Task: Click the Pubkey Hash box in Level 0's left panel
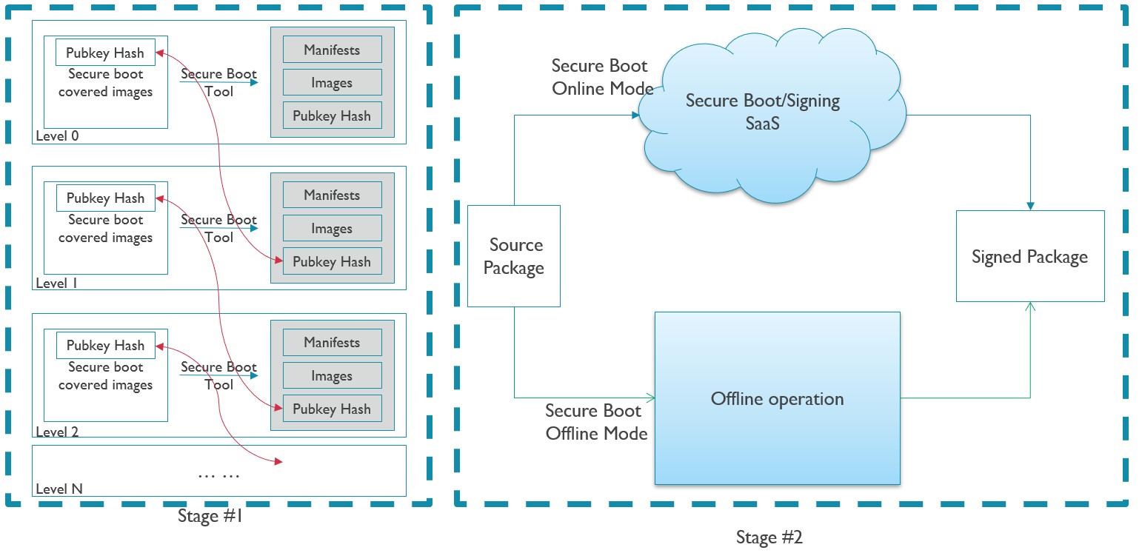pos(105,53)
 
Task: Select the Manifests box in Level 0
pos(332,50)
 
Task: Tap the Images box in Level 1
pos(332,229)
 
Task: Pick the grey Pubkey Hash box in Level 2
pos(332,409)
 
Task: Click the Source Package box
pos(513,256)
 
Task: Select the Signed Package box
pos(1029,256)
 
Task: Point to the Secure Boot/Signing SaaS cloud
pos(763,111)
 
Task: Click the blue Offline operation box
pos(777,398)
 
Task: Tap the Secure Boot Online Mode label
pos(601,77)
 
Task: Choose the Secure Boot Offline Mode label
pos(596,422)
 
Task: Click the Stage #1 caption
pos(210,517)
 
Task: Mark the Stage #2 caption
pos(769,537)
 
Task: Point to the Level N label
pos(59,489)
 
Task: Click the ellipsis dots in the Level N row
pos(218,475)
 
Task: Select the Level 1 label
pos(56,284)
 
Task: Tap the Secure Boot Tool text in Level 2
pos(218,375)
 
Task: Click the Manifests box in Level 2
pos(332,343)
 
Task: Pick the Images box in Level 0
pos(332,83)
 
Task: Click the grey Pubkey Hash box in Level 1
pos(332,261)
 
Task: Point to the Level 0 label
pos(57,136)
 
